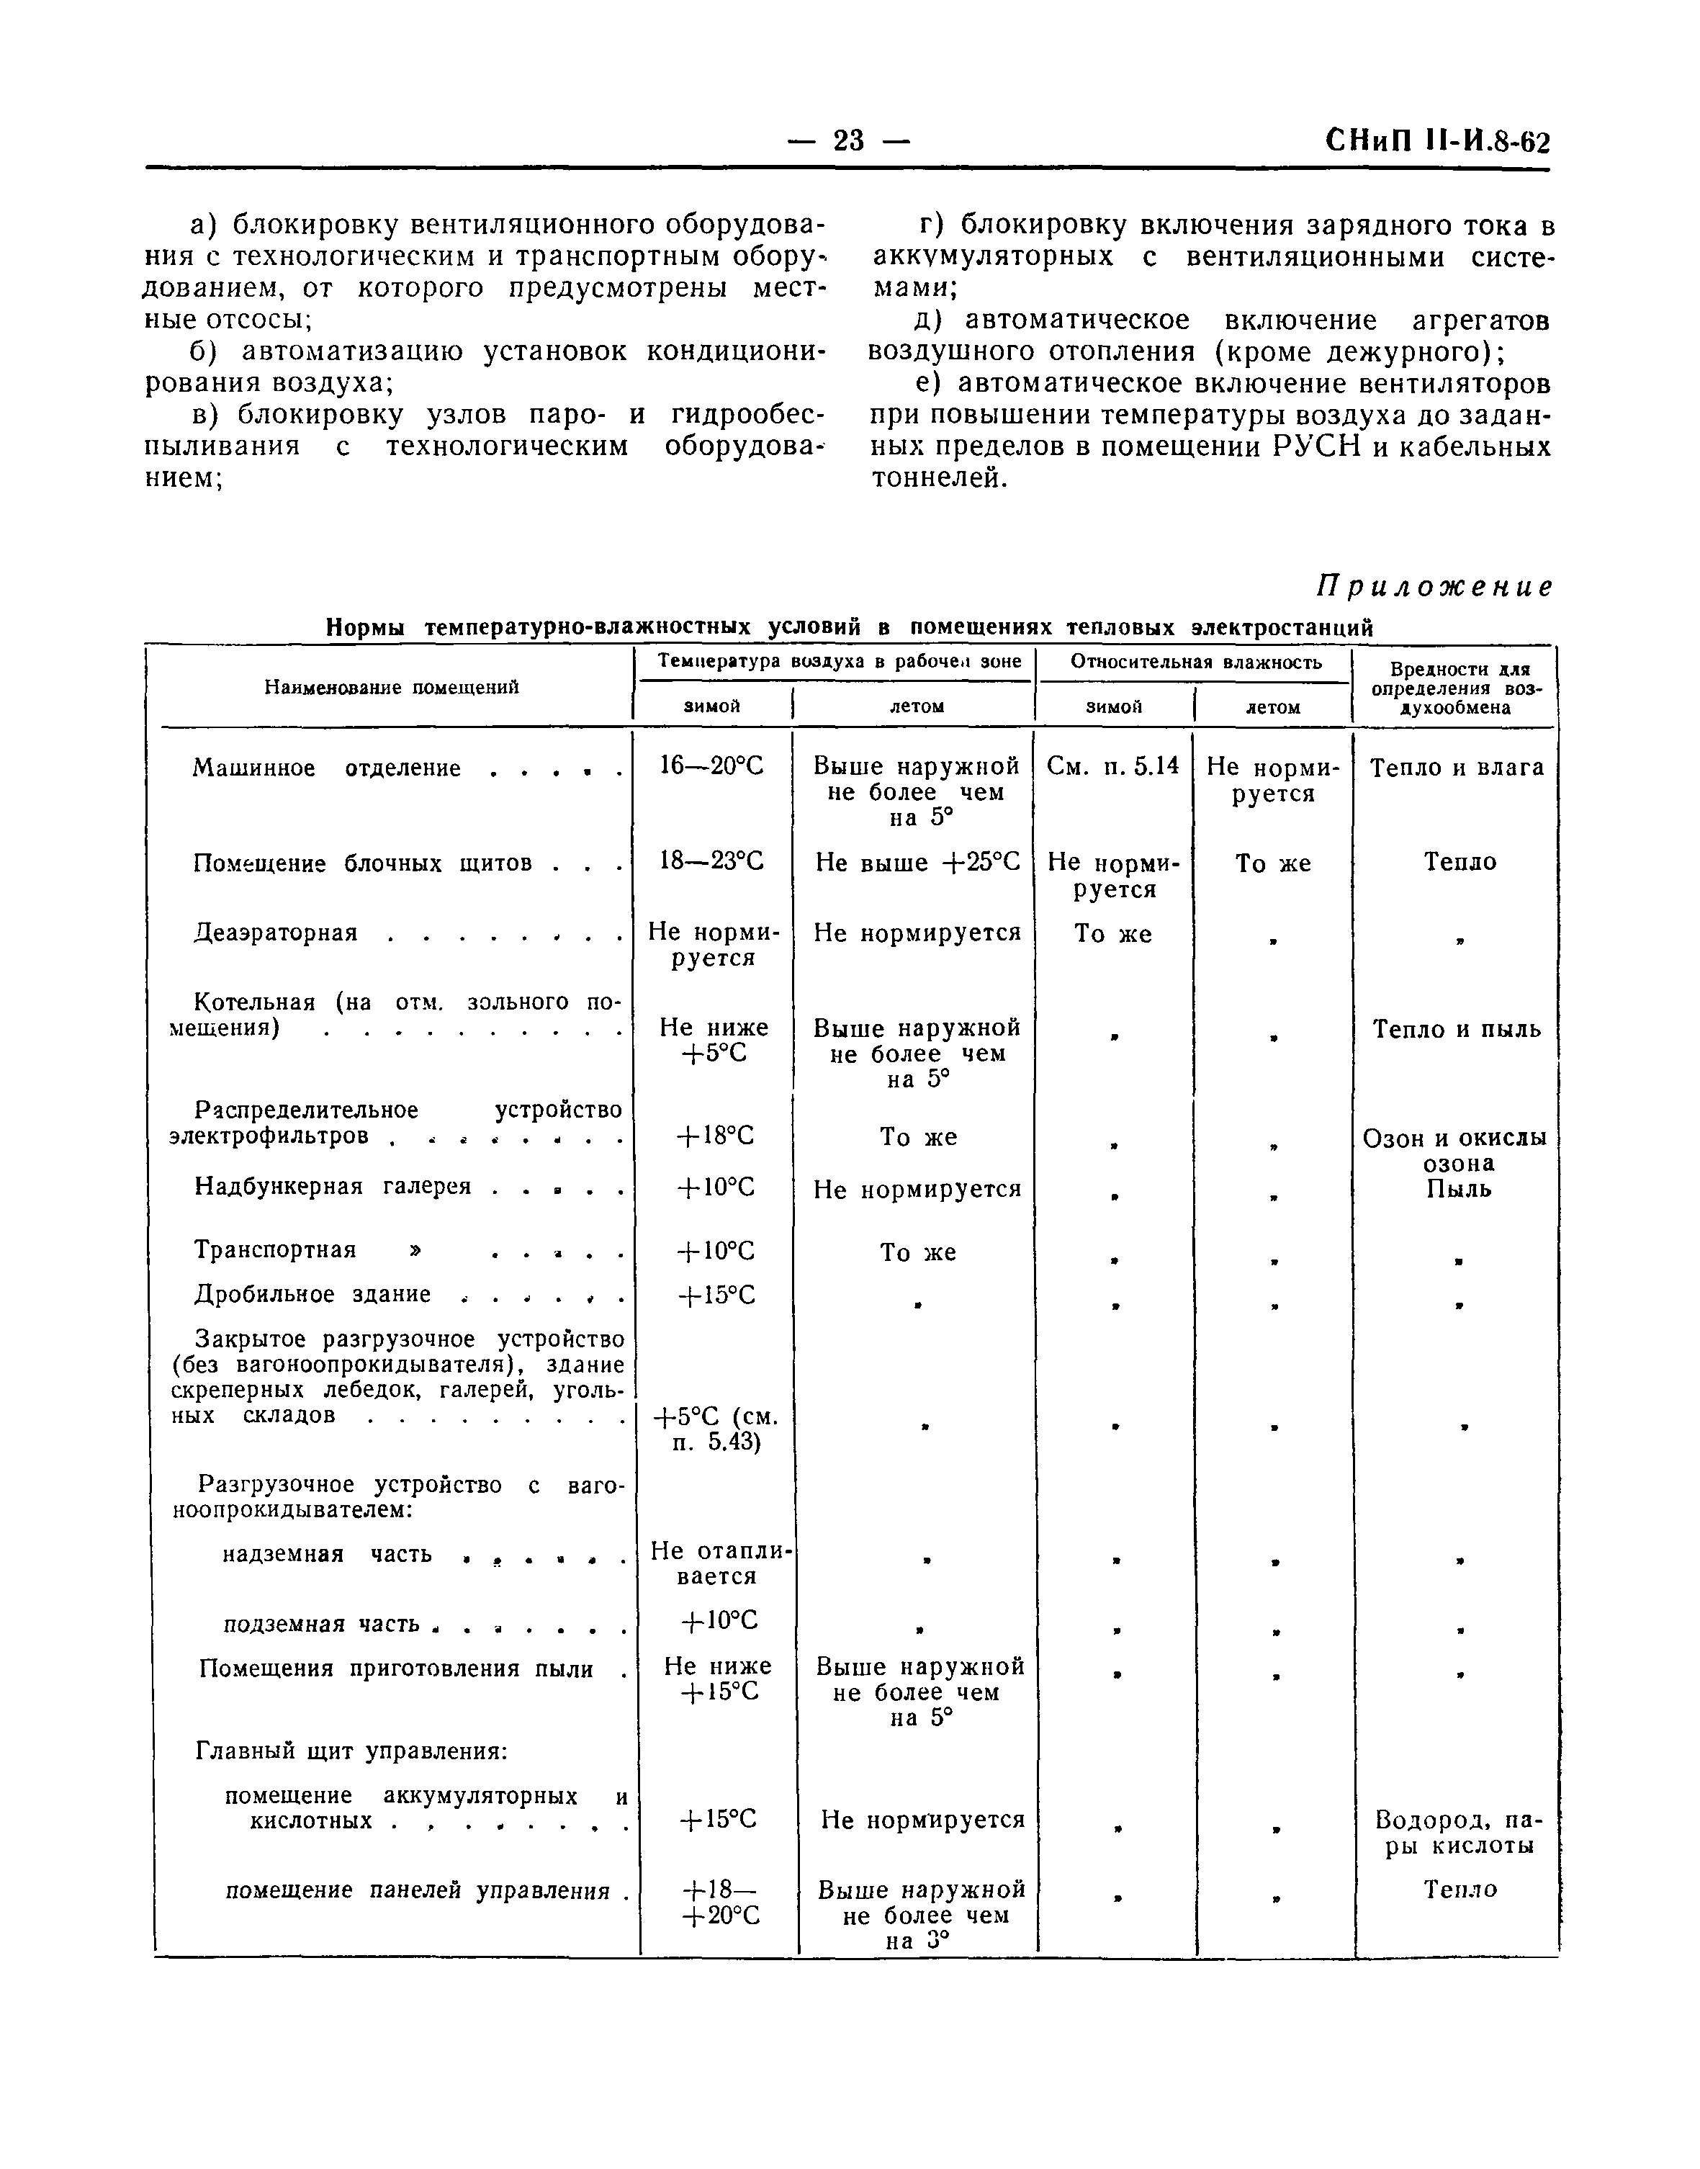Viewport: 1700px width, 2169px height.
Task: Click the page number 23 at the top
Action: (848, 141)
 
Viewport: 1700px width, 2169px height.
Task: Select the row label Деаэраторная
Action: (276, 933)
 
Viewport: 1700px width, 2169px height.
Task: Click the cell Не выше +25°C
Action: (917, 862)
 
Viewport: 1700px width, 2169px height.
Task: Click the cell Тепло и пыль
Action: (1456, 1029)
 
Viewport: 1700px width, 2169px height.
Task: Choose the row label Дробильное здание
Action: (312, 1294)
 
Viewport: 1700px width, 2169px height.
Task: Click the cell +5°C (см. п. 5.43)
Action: (716, 1429)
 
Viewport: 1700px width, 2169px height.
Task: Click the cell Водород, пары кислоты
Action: (1458, 1833)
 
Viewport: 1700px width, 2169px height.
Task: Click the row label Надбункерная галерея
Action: (333, 1187)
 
